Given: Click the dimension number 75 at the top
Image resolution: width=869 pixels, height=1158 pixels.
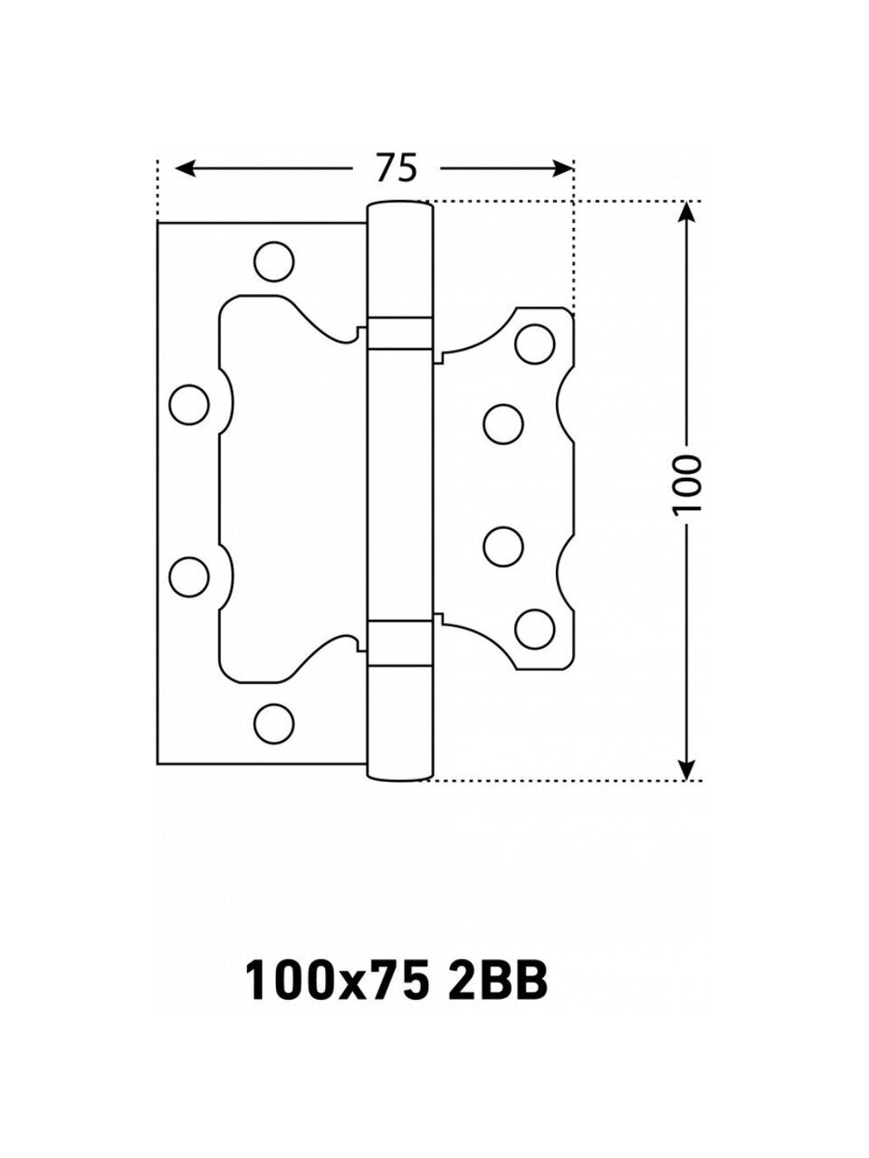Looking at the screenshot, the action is (x=396, y=167).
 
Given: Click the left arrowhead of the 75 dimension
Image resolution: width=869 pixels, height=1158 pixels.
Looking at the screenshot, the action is (x=184, y=168).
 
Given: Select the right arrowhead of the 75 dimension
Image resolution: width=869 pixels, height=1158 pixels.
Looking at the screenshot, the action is (x=562, y=168).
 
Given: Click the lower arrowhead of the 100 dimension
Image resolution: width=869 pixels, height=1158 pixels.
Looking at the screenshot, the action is (x=686, y=769).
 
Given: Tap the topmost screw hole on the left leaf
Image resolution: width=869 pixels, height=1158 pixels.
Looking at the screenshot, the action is (x=274, y=261).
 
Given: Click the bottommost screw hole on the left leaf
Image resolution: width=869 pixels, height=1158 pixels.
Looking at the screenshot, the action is (x=274, y=724).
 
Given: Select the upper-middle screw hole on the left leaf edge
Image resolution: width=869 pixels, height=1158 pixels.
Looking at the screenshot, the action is (x=189, y=404).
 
